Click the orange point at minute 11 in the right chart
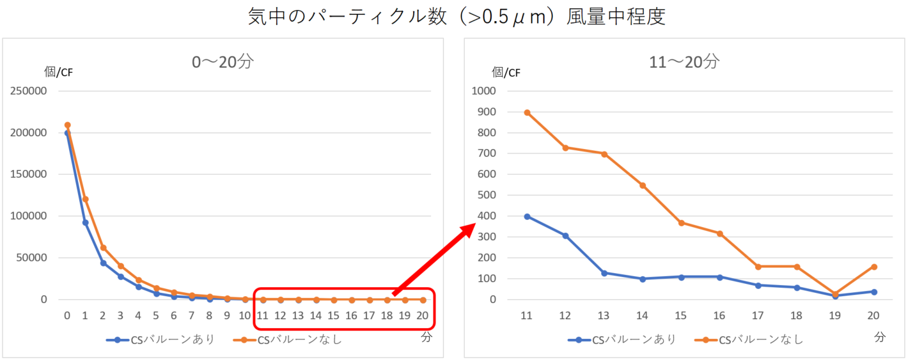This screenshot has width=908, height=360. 527,113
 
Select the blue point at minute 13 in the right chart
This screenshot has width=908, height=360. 604,273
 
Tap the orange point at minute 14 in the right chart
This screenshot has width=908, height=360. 643,185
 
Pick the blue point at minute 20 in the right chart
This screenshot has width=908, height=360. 874,292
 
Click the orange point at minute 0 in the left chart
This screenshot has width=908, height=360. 67,125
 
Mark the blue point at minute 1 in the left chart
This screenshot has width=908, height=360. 85,223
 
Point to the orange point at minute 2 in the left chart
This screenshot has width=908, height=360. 103,247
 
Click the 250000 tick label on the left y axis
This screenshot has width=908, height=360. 27,91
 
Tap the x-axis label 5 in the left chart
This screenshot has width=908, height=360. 156,315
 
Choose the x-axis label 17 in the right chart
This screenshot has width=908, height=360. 758,315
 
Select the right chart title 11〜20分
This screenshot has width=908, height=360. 684,62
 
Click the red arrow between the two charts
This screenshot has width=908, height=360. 435,258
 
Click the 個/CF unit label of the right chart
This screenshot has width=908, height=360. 506,72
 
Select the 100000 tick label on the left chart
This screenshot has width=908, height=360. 27,216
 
